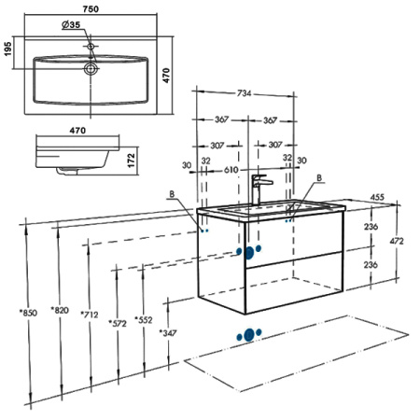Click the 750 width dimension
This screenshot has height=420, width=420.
pyautogui.click(x=91, y=9)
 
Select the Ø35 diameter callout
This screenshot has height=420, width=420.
pyautogui.click(x=71, y=24)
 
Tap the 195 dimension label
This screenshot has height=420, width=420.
pyautogui.click(x=7, y=49)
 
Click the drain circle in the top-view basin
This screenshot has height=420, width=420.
pyautogui.click(x=91, y=68)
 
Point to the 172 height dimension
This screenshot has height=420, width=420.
pyautogui.click(x=132, y=161)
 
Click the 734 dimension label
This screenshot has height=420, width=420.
pyautogui.click(x=244, y=93)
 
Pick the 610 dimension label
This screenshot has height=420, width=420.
pyautogui.click(x=231, y=170)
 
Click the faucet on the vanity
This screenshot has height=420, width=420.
pyautogui.click(x=260, y=189)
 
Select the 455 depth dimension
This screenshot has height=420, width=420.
pyautogui.click(x=377, y=197)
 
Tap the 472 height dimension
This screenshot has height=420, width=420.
pyautogui.click(x=397, y=241)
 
